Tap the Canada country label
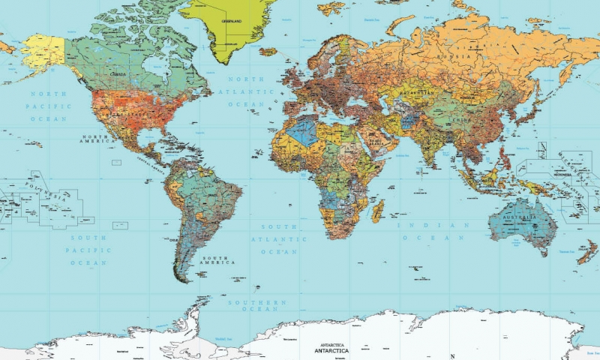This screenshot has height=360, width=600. coord(118,75)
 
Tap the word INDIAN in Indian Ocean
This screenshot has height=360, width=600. coord(418,225)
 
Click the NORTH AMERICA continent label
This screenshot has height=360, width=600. coord(98,139)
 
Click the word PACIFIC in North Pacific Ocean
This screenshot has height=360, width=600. coord(49,106)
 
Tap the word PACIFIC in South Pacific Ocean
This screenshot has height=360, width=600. coord(88,250)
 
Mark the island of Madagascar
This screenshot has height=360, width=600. coord(378,211)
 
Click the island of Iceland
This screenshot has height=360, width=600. coord(268,51)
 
